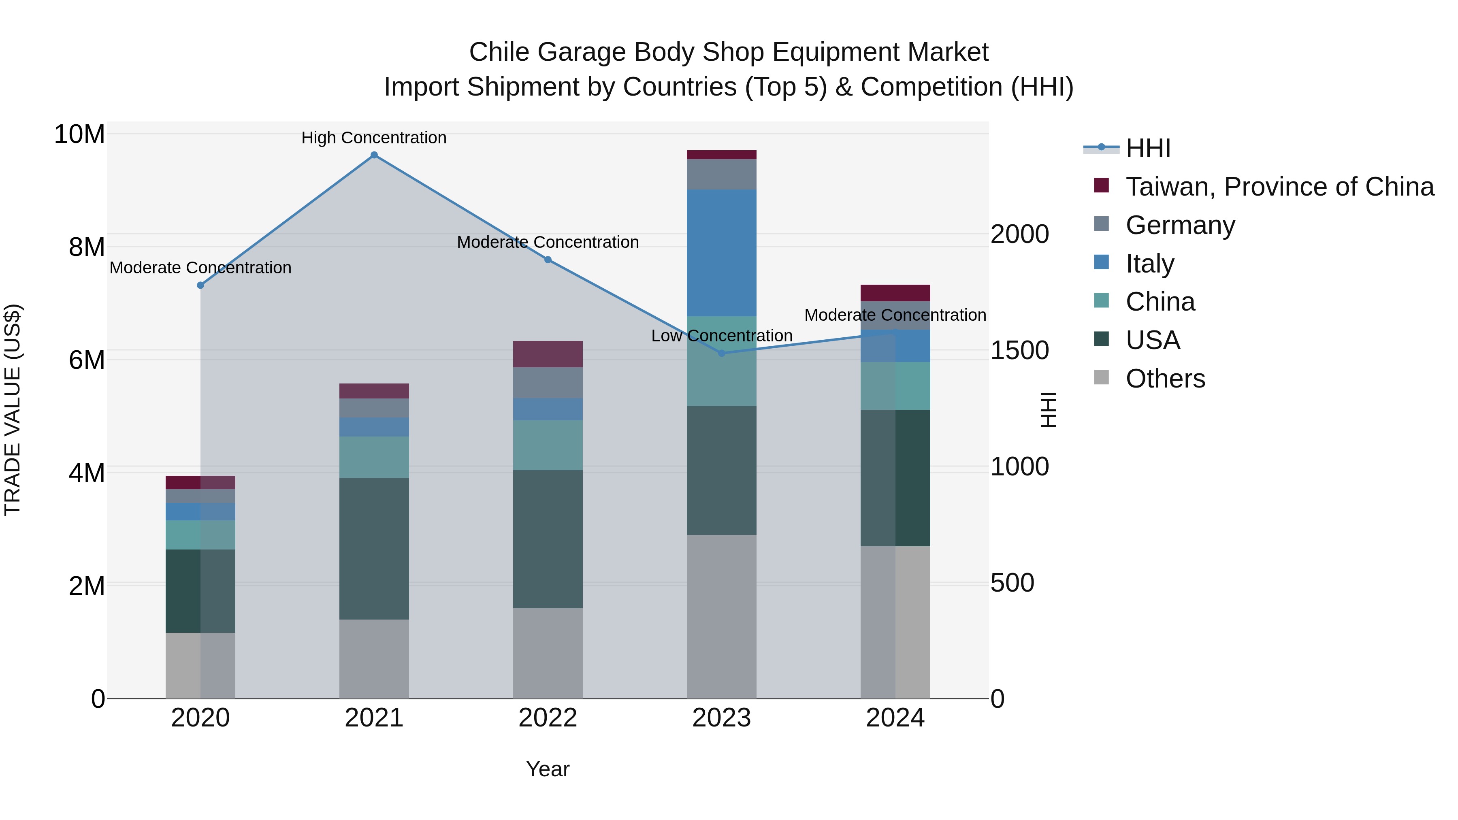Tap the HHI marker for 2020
click(200, 285)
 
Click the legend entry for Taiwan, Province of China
click(1279, 187)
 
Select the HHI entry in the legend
click(1147, 148)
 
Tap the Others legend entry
click(1165, 379)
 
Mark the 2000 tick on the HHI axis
click(1019, 234)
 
